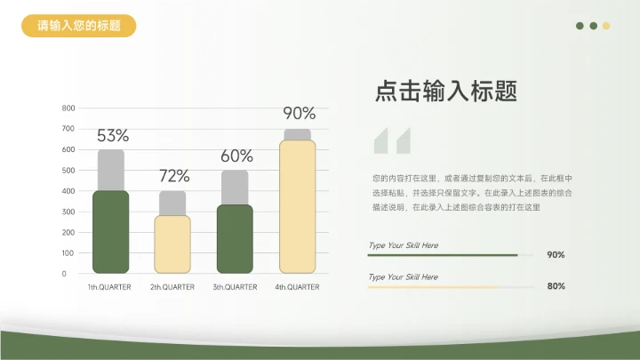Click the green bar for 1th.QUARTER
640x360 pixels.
[x=111, y=231]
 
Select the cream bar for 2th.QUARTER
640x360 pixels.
[x=172, y=244]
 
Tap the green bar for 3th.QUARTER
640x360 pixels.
[x=235, y=238]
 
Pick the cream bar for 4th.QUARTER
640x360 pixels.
[x=297, y=206]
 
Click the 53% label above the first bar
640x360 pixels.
[x=113, y=136]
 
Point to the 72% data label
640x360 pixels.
[x=174, y=176]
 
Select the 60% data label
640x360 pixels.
[x=236, y=156]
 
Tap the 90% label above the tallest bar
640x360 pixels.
[x=299, y=113]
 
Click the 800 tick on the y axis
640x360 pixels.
[x=68, y=108]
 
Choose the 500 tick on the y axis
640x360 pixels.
[x=68, y=171]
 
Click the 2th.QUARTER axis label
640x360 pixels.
[x=172, y=287]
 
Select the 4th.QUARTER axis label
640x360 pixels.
[x=297, y=287]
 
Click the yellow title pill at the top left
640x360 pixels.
[x=79, y=26]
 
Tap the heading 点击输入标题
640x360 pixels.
[x=446, y=91]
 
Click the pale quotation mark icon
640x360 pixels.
[x=392, y=142]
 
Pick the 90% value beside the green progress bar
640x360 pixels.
[x=556, y=255]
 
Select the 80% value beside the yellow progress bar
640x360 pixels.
[x=556, y=286]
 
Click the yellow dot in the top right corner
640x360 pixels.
[x=606, y=26]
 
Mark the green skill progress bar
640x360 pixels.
[x=443, y=255]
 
